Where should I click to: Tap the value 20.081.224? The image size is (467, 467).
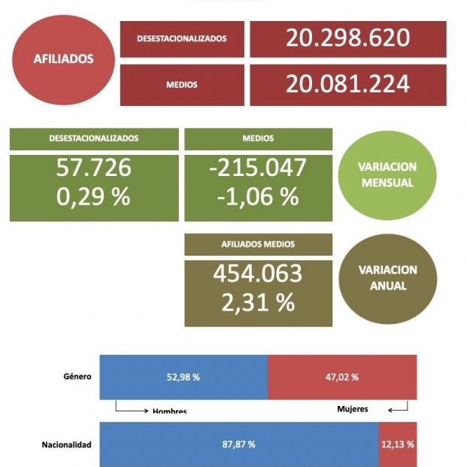click(x=347, y=84)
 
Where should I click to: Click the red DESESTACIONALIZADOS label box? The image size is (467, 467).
click(x=181, y=39)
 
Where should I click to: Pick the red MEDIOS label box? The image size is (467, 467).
click(x=181, y=85)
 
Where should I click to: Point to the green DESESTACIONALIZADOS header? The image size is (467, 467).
click(x=94, y=139)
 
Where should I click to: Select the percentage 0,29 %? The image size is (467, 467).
click(x=94, y=197)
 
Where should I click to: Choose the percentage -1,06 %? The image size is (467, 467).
click(x=258, y=197)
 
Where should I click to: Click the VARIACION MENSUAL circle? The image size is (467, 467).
click(x=388, y=175)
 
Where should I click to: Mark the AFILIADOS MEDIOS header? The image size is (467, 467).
click(x=258, y=244)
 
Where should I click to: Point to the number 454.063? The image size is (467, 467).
click(x=258, y=274)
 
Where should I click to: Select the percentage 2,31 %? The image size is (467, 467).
click(x=258, y=302)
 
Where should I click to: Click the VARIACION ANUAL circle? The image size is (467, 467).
click(x=388, y=278)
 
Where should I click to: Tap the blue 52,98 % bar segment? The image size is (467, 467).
click(x=183, y=377)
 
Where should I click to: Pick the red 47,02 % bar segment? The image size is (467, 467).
click(x=342, y=377)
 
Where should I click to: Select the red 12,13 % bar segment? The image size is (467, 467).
click(x=397, y=444)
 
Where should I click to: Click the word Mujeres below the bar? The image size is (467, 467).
click(x=353, y=409)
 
